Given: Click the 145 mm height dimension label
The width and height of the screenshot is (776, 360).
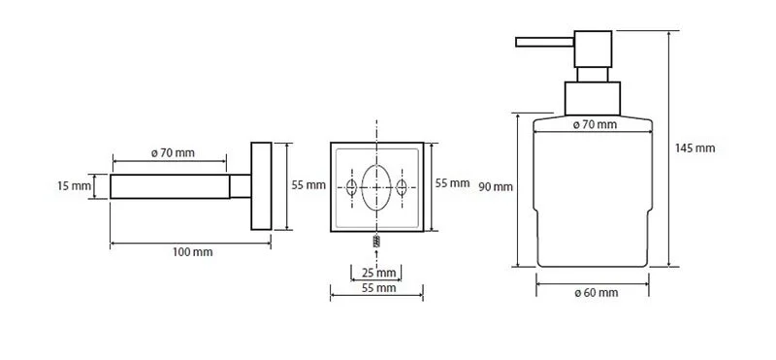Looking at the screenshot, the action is coord(695,148).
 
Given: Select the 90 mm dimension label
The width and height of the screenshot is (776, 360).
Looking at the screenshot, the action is coord(496,187).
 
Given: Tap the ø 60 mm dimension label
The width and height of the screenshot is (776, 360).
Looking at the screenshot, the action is coord(596,293).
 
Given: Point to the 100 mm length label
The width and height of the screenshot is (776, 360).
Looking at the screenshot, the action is coord(192,252).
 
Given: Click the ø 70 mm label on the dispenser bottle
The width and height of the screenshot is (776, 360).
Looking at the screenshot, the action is coord(595,125).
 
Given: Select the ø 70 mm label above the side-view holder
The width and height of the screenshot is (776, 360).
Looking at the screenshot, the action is coord(173,153).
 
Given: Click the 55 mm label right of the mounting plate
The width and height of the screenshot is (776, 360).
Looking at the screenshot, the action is coord(452,183).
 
